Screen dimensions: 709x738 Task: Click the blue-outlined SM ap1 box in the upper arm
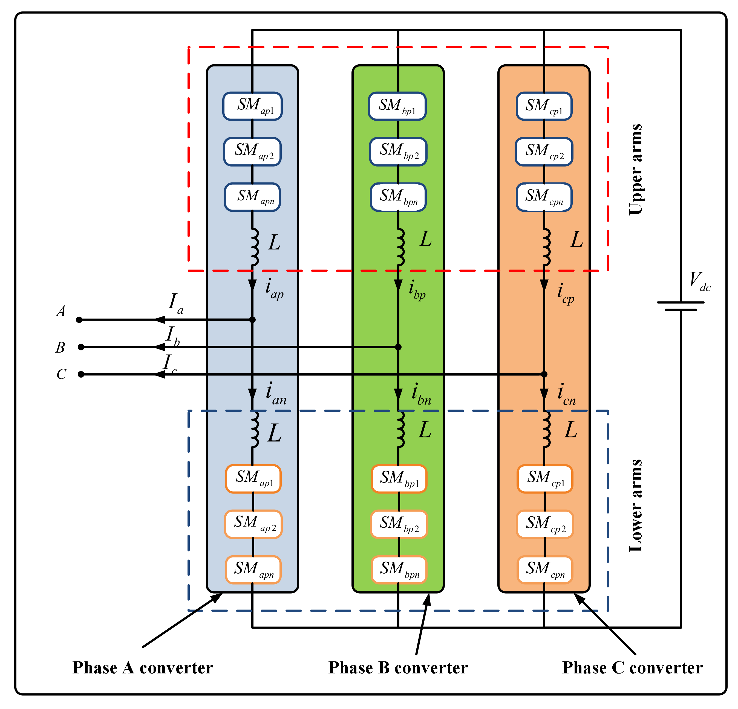click(252, 106)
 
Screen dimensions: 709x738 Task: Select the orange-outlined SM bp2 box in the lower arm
click(399, 524)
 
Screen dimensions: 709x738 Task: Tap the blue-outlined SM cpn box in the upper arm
click(544, 197)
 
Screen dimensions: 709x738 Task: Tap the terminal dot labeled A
click(79, 320)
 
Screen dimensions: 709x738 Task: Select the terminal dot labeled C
click(81, 374)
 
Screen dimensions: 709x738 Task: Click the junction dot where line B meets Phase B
click(398, 347)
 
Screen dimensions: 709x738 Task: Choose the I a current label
click(175, 304)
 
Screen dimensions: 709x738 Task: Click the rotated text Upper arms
click(636, 169)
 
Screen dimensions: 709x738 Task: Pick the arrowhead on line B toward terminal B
click(160, 347)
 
